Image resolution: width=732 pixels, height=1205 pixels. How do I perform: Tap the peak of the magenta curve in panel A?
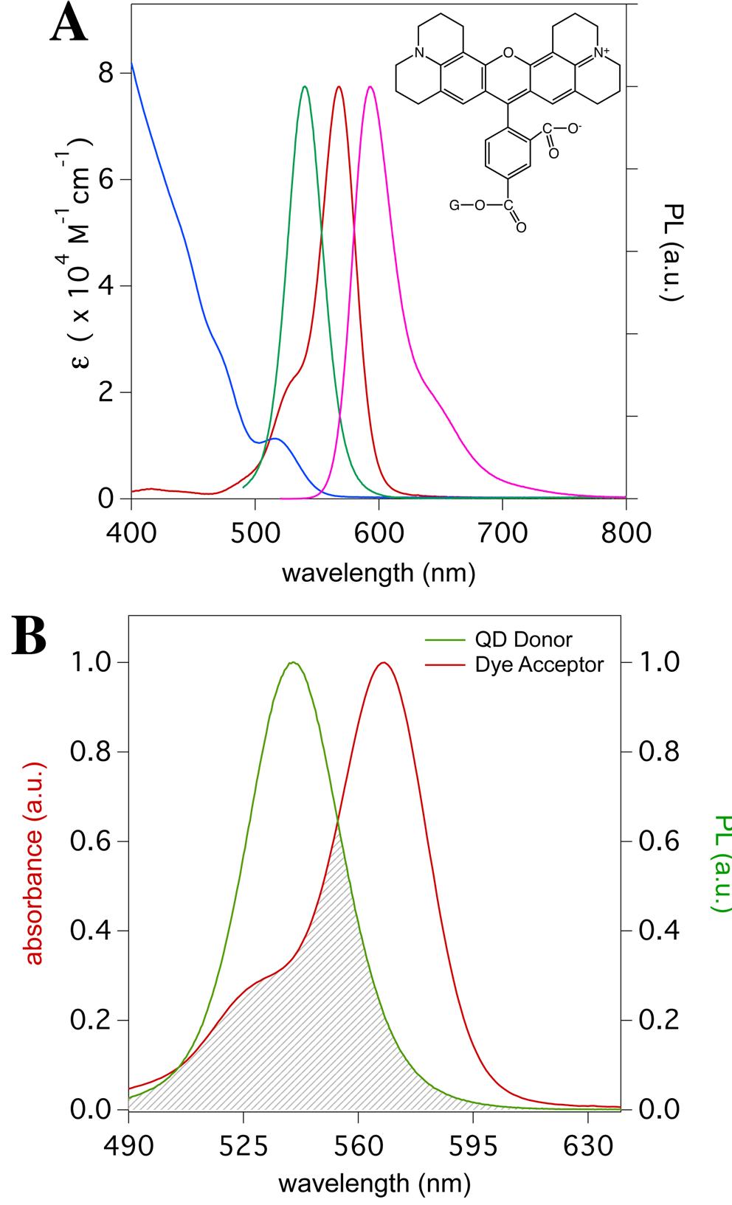370,87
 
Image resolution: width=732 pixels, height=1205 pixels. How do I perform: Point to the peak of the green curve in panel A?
305,87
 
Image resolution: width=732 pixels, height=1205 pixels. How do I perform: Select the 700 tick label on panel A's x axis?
502,532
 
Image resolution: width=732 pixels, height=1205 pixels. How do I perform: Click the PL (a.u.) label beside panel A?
671,251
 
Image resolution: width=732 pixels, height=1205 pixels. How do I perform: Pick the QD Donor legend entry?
523,639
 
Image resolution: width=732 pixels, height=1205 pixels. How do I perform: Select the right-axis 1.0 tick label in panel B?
659,662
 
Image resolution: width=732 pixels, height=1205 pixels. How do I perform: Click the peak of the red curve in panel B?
382,662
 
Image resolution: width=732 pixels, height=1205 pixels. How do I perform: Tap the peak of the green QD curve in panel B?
294,662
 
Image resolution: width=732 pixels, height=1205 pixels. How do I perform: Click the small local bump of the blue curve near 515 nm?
275,439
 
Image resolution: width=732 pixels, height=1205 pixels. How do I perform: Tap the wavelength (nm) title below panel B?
374,1184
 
